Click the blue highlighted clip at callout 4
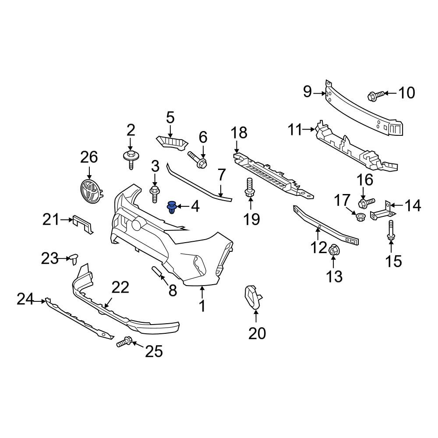coord(173,207)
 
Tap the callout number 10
coord(407,93)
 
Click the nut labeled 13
coord(333,250)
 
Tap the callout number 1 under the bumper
coord(202,306)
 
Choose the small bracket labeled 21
coord(83,224)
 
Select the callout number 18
coord(240,133)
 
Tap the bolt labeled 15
coord(390,230)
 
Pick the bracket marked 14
coord(382,212)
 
